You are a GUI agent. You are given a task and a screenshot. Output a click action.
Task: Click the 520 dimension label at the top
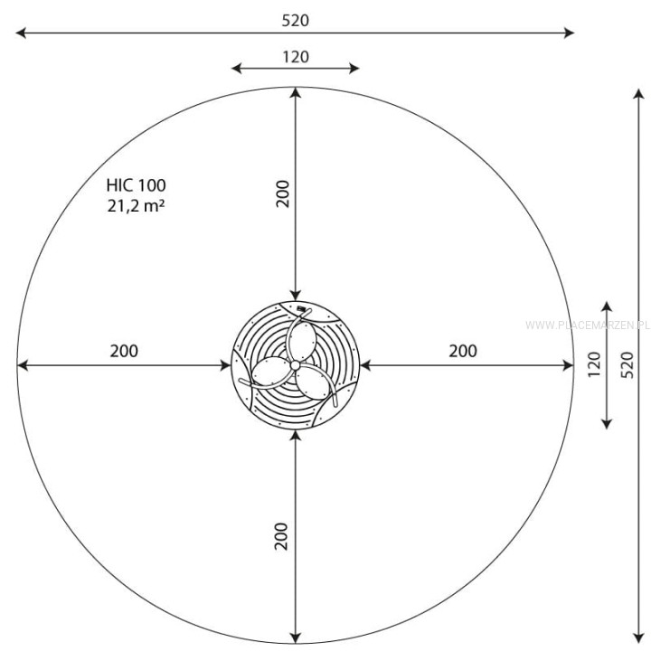(x=295, y=20)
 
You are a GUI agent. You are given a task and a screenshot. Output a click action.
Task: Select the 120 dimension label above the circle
(x=296, y=57)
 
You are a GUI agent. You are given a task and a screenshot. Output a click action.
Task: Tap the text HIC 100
(x=137, y=185)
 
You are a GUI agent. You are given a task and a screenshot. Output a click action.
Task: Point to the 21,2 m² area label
(x=136, y=206)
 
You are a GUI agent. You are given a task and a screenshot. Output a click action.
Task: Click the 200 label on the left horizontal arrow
(x=124, y=351)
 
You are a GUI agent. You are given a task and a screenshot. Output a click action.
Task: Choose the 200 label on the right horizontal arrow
(x=463, y=351)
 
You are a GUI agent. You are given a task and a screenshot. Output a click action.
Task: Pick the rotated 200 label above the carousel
(x=283, y=193)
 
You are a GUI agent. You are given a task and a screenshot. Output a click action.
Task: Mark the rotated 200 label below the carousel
(x=281, y=536)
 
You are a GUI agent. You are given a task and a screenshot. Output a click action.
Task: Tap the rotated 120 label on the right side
(x=595, y=364)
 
